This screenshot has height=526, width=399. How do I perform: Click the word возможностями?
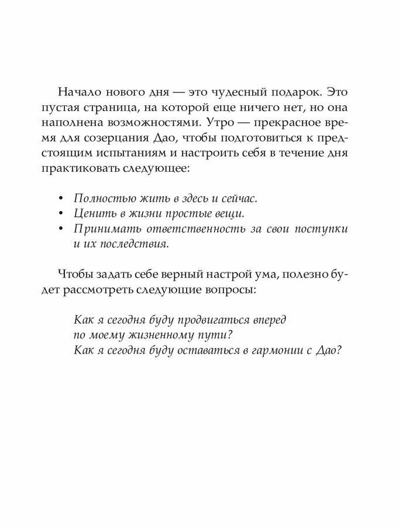(x=166, y=123)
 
